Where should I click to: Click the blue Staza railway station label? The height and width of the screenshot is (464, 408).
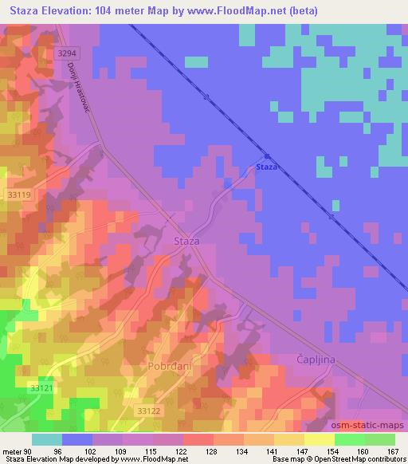(x=267, y=167)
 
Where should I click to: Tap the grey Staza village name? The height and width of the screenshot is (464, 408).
(x=186, y=240)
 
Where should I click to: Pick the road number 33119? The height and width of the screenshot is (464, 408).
(x=18, y=195)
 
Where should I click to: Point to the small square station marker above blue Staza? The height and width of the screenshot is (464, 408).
(x=267, y=157)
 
